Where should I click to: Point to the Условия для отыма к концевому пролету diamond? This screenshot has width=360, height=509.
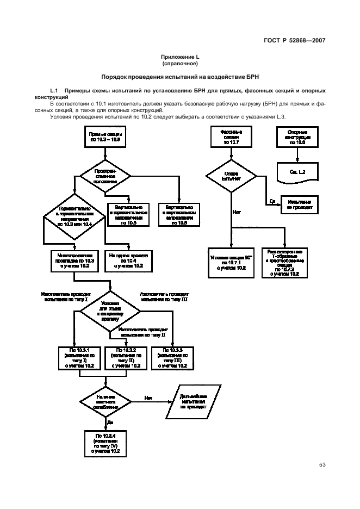click(x=110, y=311)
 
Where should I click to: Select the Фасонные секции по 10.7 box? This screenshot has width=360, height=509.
click(x=231, y=136)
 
